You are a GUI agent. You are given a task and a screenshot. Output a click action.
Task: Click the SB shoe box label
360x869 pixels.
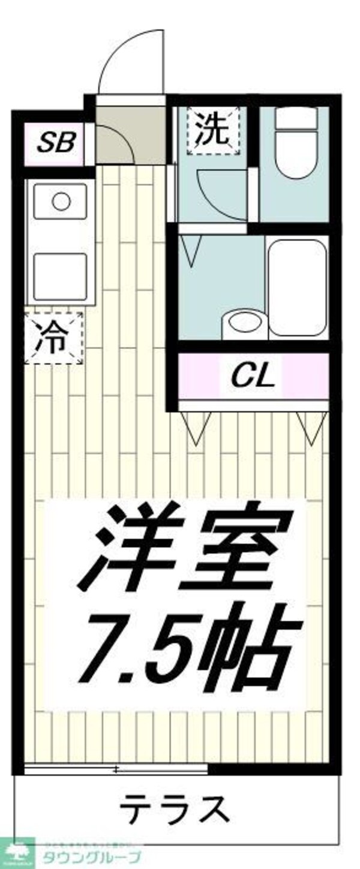56,143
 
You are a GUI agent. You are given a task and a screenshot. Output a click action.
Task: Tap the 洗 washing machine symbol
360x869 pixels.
212,131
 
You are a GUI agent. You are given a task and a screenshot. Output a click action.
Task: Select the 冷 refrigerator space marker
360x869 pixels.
55,338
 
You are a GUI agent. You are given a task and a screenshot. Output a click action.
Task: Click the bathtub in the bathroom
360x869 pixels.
297,288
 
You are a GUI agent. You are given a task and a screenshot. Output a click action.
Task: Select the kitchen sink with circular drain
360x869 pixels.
61,202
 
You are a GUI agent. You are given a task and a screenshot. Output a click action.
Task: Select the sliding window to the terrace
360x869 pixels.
117,768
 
